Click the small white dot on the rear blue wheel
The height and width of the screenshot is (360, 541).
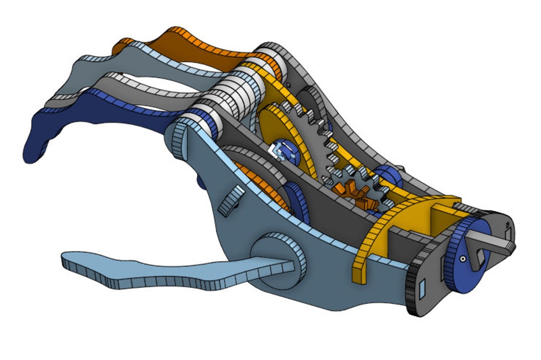tap(462, 260)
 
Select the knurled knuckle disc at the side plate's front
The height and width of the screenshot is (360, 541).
tap(180, 140)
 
